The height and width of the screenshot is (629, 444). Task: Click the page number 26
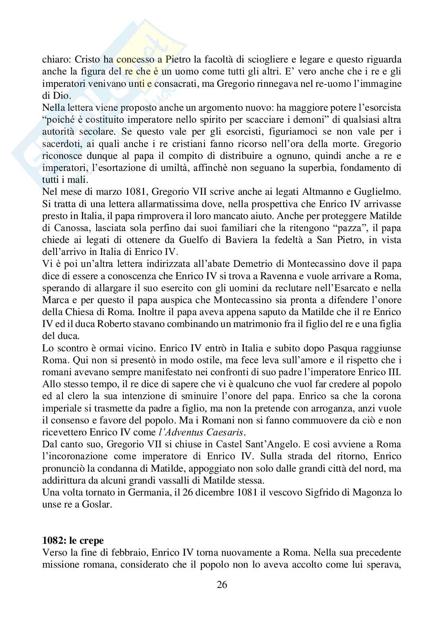tap(222, 584)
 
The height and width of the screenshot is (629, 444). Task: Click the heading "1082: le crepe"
tap(73, 541)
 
